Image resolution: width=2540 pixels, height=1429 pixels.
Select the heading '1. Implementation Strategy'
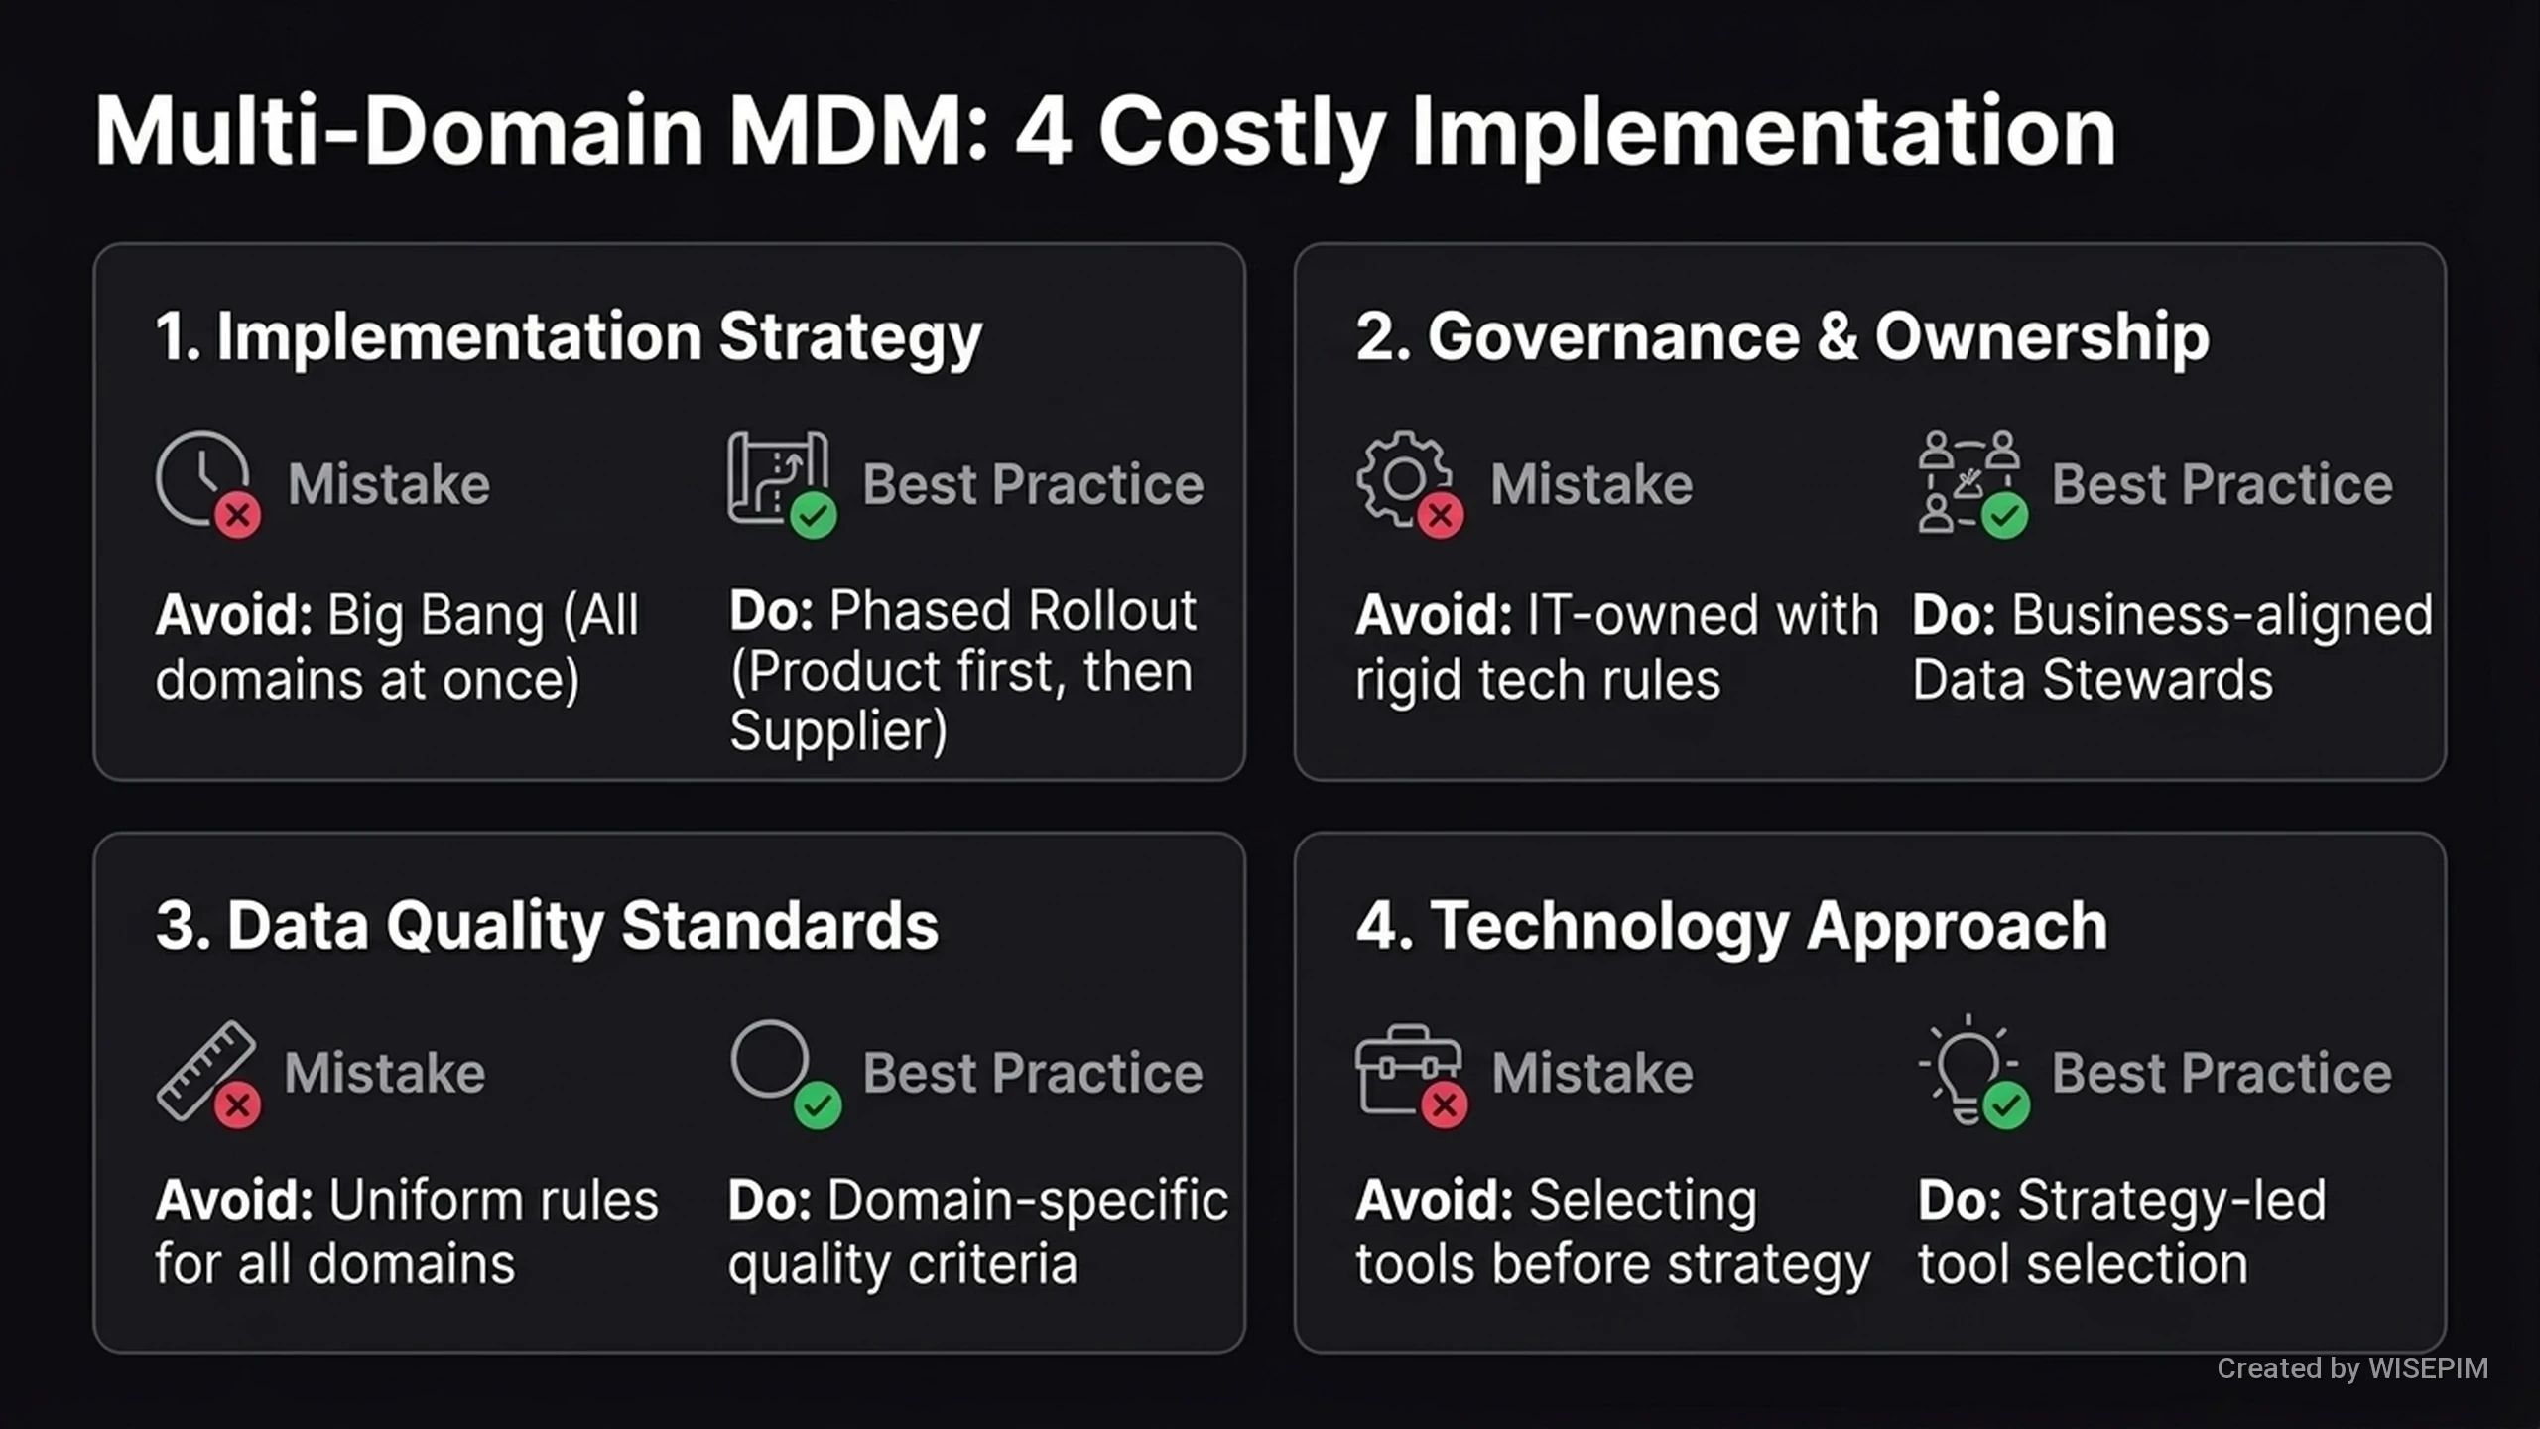point(569,338)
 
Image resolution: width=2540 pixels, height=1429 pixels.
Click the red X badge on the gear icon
point(1441,515)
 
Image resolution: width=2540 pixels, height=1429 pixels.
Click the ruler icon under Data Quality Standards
point(205,1070)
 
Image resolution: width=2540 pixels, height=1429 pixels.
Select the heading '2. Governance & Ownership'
point(1783,337)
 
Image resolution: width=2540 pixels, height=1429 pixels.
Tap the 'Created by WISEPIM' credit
point(2352,1368)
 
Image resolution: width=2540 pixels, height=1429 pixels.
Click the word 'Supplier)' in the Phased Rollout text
point(838,731)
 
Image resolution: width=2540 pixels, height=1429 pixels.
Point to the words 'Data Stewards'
point(2093,680)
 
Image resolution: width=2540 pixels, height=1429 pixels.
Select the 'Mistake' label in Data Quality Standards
point(385,1073)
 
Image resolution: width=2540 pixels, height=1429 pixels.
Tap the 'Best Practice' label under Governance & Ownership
point(2222,484)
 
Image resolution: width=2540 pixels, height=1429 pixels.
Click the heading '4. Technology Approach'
point(1731,926)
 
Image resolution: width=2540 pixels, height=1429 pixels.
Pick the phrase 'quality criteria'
point(902,1265)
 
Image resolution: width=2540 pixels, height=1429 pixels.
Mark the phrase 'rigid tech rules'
point(1538,681)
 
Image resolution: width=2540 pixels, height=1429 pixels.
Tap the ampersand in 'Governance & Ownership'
point(1838,336)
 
